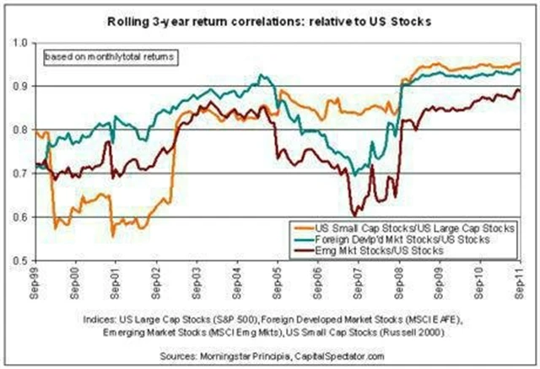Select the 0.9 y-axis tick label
pos(21,87)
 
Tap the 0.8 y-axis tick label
pos(21,131)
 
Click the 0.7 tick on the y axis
pos(21,174)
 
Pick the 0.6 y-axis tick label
pos(21,218)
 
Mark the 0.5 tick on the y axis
pos(21,262)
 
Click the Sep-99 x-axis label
pos(38,282)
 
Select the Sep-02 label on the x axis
pos(156,282)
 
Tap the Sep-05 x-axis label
pos(275,282)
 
